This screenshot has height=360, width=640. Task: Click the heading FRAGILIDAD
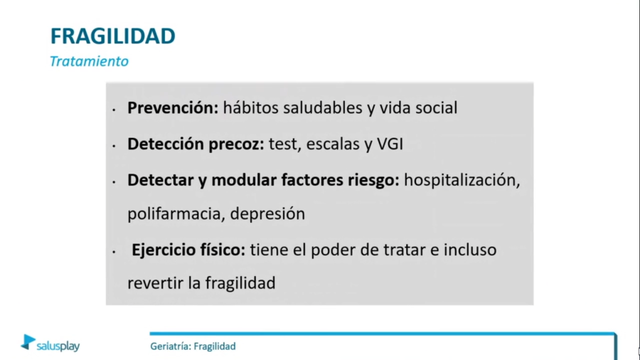click(112, 36)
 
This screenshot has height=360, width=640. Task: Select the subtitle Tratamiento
click(89, 61)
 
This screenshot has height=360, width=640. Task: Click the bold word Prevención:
click(173, 108)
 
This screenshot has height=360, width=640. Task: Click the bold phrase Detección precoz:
click(196, 144)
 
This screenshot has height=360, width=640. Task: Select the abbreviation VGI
click(389, 144)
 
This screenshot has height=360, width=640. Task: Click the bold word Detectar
click(157, 180)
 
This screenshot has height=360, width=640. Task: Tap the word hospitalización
click(462, 180)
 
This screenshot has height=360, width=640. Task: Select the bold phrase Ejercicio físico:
click(188, 250)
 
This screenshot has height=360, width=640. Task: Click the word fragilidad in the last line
click(240, 282)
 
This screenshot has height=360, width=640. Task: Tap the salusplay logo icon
click(28, 342)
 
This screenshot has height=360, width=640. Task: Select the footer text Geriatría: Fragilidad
click(193, 346)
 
